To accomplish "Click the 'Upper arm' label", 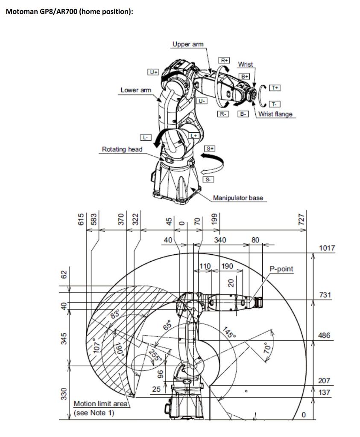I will [x=188, y=44].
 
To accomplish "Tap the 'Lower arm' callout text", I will [x=136, y=90].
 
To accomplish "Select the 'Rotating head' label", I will [x=122, y=149].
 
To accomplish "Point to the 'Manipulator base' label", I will [x=238, y=198].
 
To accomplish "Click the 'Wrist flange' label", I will [x=275, y=114].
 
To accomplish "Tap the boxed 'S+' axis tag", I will [x=210, y=148].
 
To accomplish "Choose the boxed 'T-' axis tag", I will [x=275, y=104].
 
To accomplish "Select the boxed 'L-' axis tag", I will [x=146, y=137].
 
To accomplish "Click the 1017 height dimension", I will [x=327, y=248].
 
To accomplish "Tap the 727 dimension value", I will [x=301, y=219].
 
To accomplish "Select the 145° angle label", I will [x=229, y=332].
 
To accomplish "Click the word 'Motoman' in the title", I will [x=22, y=12].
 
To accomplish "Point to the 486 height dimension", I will [x=325, y=335].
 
